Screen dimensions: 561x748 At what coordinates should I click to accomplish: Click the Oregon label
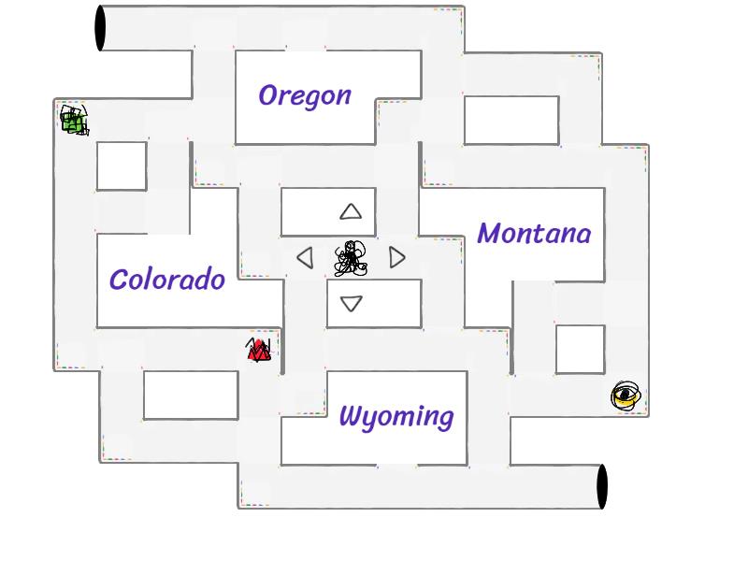[305, 95]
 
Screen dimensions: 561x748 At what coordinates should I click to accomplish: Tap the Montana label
[534, 234]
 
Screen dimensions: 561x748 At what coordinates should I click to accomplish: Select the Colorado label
[167, 280]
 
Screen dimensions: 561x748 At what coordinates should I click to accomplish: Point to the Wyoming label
[396, 416]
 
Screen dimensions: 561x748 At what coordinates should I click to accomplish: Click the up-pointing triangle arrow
[351, 212]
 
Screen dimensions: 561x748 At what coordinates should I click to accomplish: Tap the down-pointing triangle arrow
[352, 303]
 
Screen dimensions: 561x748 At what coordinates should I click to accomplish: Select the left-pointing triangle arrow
[305, 257]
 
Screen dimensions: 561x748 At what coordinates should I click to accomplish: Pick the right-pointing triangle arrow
[397, 257]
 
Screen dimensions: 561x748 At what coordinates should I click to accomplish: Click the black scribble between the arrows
[351, 259]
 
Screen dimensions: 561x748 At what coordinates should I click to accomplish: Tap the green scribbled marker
[74, 121]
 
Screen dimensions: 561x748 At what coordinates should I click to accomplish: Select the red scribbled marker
[258, 351]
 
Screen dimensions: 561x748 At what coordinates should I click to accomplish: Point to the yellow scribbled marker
[626, 396]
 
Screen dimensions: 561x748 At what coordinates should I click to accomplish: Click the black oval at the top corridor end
[100, 28]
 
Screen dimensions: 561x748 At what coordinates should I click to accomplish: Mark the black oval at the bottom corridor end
[602, 486]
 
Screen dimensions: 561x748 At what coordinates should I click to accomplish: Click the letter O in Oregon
[269, 95]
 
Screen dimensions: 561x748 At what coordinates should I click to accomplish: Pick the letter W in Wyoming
[352, 415]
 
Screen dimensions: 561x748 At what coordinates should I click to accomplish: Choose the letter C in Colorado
[119, 280]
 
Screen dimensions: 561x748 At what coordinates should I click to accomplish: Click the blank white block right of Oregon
[511, 120]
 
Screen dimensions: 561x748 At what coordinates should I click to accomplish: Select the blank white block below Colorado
[191, 395]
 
